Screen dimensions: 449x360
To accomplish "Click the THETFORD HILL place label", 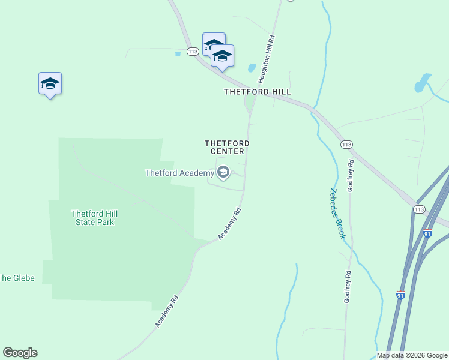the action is click(x=257, y=92).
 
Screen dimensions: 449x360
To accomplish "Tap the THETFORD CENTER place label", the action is click(x=227, y=147).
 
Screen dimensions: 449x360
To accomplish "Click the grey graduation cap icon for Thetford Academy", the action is click(x=223, y=173).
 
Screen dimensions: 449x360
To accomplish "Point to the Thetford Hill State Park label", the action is click(x=92, y=217).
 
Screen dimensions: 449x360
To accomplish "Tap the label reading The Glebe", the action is click(x=17, y=278).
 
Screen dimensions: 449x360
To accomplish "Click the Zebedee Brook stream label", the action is click(x=337, y=214).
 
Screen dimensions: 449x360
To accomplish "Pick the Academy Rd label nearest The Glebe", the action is click(x=167, y=311).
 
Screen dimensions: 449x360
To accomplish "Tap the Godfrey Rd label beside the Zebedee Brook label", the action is click(x=351, y=175).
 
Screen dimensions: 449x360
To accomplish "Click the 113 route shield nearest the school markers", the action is click(x=193, y=52).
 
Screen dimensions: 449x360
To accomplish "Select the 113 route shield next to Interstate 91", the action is click(x=419, y=209).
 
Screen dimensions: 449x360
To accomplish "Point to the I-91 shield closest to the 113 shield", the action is click(x=427, y=233).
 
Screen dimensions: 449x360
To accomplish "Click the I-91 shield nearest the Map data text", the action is click(x=400, y=295).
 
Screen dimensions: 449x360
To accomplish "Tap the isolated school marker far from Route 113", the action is click(x=50, y=84).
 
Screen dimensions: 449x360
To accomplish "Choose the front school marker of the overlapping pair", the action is click(x=222, y=56).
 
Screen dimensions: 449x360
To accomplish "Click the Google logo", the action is click(x=20, y=353).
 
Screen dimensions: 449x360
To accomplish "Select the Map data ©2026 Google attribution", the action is click(x=412, y=355).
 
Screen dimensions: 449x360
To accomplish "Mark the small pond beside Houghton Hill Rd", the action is click(x=252, y=68).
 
